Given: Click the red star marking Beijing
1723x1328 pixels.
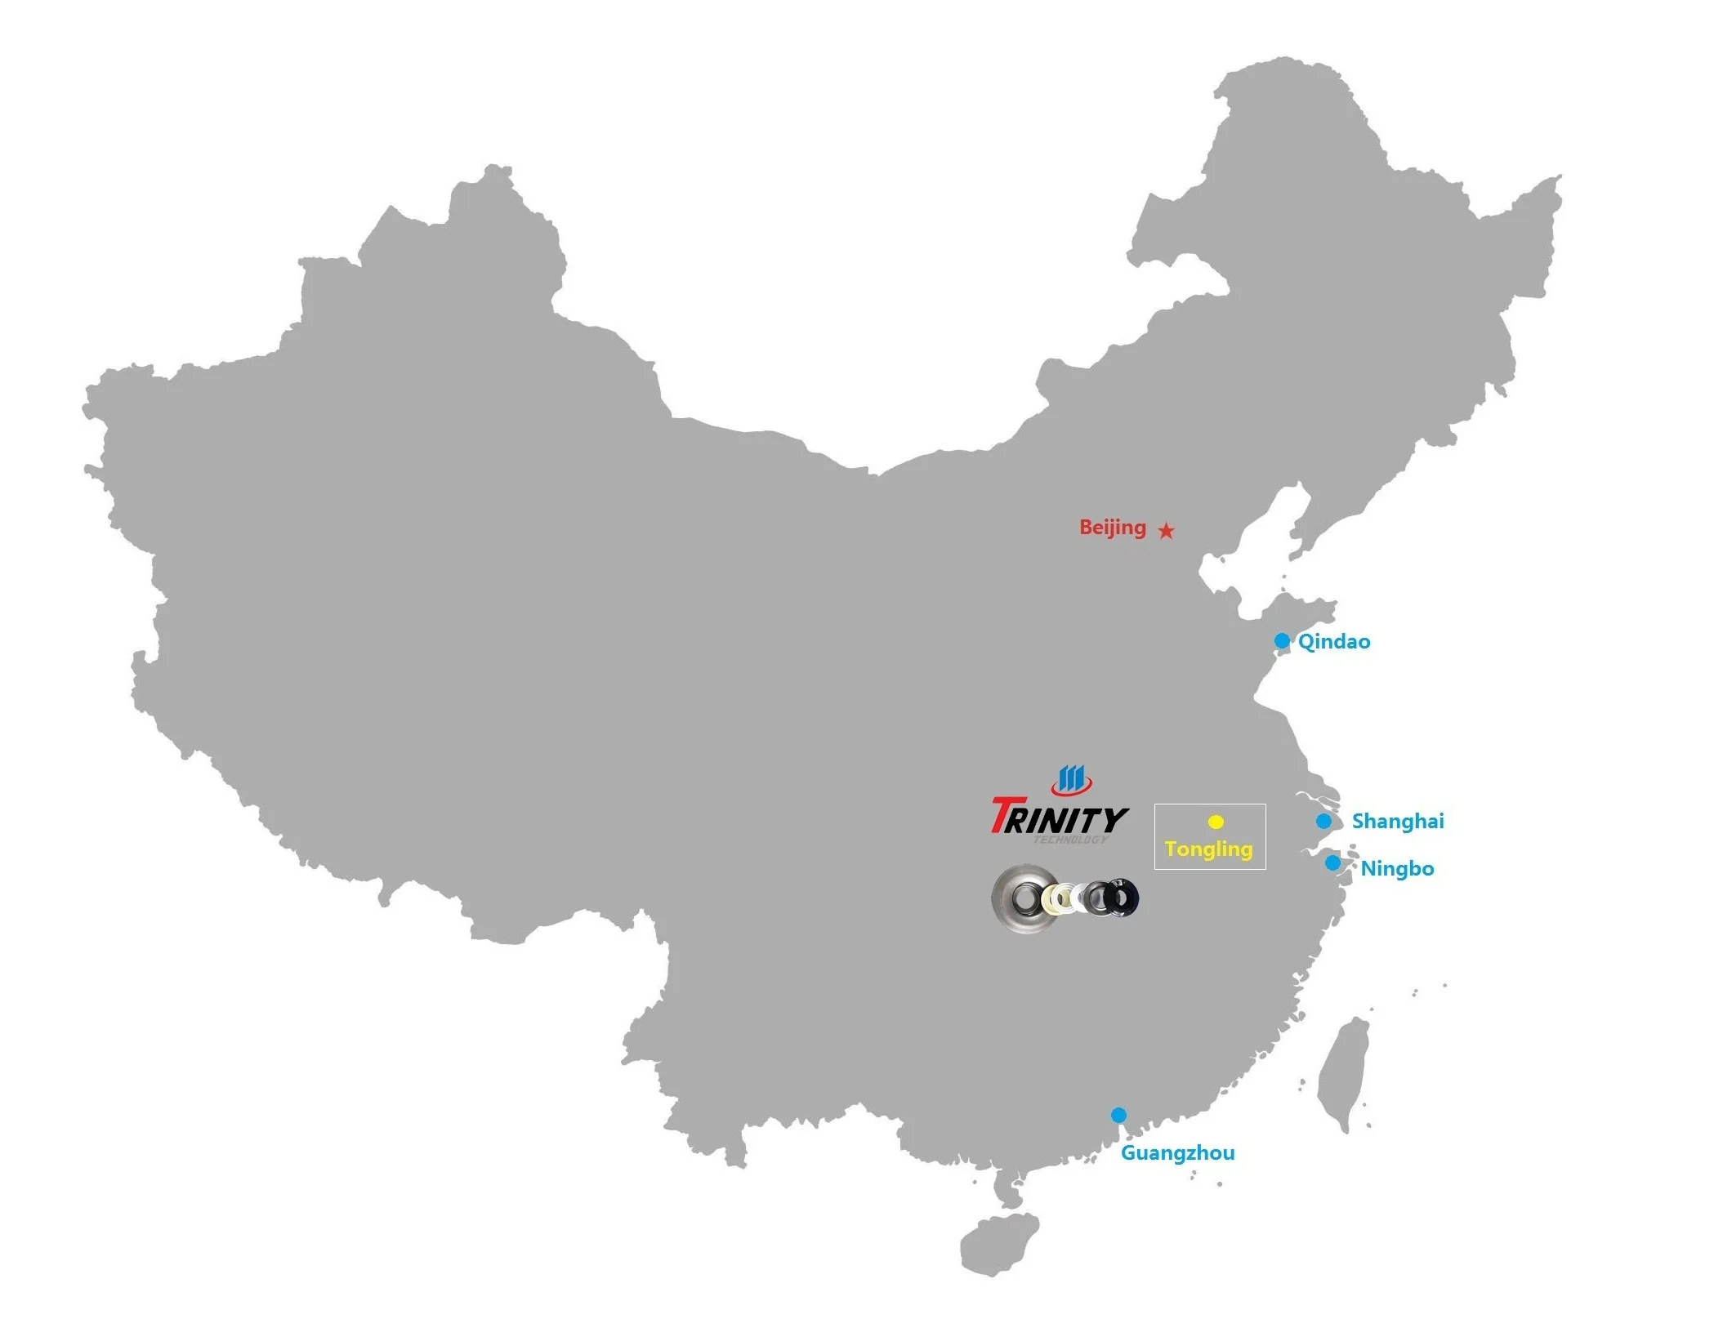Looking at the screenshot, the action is coord(1167,531).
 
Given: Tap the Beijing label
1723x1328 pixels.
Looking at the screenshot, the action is coord(1112,528).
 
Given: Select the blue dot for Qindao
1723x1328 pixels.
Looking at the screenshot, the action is coord(1282,640).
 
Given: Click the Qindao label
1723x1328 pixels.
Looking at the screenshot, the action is coord(1334,642).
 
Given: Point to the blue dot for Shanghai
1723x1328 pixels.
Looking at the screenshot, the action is coord(1323,821).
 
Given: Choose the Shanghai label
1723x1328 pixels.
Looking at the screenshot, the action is coord(1398,821).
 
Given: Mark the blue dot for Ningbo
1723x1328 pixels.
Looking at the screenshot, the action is coord(1332,862).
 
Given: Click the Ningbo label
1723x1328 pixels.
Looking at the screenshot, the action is coord(1397,869).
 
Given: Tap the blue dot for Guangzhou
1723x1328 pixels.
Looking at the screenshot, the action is coord(1118,1115).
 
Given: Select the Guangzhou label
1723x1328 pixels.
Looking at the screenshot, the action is coord(1177,1153).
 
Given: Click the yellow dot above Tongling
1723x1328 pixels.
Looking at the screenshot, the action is coord(1216,822).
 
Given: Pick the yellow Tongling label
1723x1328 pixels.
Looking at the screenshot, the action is coord(1208,849).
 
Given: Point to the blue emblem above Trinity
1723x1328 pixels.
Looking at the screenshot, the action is coord(1071,780).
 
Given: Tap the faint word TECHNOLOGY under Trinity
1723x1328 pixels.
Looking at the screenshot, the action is coord(1071,840).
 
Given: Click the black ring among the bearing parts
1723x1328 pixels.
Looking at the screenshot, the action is coord(1123,898).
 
